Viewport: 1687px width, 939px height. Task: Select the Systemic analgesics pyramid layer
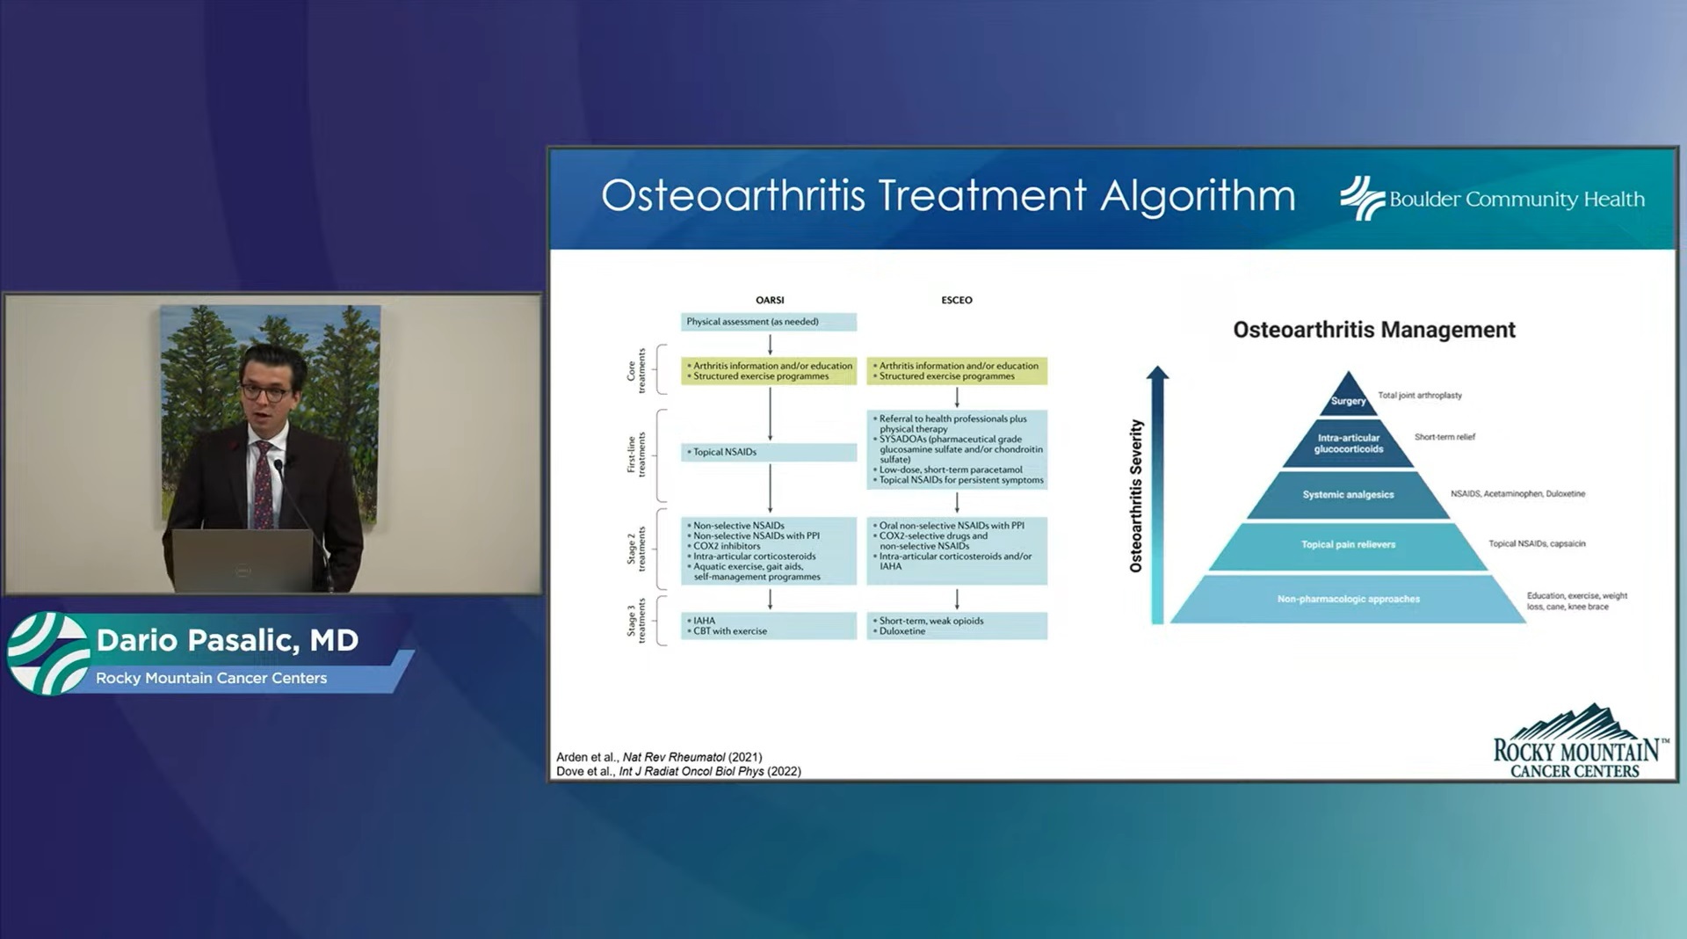point(1348,494)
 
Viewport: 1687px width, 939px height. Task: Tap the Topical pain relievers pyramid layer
point(1348,544)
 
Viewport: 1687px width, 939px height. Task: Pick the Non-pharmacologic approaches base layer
point(1348,599)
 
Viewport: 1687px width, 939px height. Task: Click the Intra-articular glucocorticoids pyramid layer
point(1348,443)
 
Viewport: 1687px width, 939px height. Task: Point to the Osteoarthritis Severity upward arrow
point(1157,492)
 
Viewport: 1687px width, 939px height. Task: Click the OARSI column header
point(770,300)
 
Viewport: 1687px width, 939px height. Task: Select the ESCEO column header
point(957,300)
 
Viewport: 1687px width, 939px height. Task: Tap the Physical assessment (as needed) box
point(768,322)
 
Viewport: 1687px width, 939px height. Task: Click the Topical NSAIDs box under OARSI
point(768,452)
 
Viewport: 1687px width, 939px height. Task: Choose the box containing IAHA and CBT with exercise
point(768,625)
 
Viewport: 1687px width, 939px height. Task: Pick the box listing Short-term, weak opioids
point(957,625)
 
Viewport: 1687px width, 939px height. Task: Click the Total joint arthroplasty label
point(1419,396)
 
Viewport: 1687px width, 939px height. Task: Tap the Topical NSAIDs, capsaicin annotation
point(1536,543)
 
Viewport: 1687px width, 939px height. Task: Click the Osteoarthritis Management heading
point(1373,330)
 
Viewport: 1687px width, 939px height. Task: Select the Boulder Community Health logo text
point(1516,200)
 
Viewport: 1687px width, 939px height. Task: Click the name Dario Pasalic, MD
point(227,640)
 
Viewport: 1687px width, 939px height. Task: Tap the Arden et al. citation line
point(659,757)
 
